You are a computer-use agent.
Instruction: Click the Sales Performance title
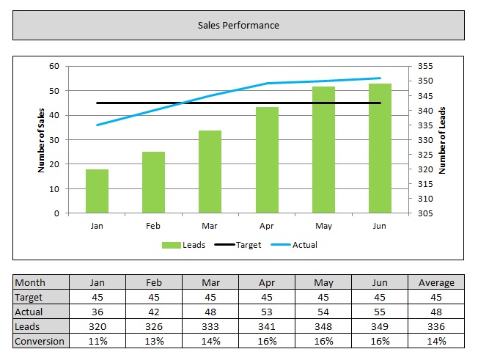coord(238,25)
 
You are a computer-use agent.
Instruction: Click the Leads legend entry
coord(184,245)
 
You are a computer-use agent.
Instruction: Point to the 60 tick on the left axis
coord(54,66)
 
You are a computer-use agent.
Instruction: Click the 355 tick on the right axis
coord(427,66)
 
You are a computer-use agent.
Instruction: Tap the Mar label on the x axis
coord(210,227)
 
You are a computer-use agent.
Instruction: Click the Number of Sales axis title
coord(42,139)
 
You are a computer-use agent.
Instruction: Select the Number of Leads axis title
coord(442,139)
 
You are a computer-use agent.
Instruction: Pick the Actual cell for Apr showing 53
coord(267,312)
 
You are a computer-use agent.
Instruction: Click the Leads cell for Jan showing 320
coord(97,326)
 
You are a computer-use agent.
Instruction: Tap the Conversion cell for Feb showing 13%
coord(153,341)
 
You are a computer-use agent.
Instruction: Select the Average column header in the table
coord(436,282)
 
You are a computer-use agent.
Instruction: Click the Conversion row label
coord(40,341)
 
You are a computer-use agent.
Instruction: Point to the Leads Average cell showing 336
coord(436,326)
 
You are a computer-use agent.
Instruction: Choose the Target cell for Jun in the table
coord(380,297)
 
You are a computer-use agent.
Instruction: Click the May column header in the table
coord(323,282)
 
